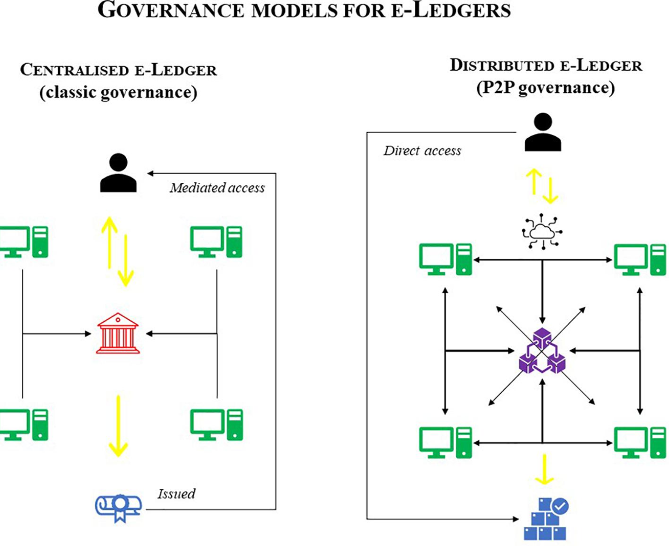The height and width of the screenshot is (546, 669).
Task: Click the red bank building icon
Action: pyautogui.click(x=118, y=333)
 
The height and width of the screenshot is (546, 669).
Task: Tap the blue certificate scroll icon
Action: pyautogui.click(x=118, y=508)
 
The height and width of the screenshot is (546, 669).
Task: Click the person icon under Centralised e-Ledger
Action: pyautogui.click(x=118, y=173)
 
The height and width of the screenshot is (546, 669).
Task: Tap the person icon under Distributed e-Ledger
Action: pyautogui.click(x=543, y=132)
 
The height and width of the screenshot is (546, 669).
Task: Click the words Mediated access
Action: pyautogui.click(x=217, y=188)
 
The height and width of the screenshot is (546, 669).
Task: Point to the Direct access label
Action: pyautogui.click(x=422, y=151)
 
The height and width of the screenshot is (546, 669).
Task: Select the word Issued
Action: pyautogui.click(x=176, y=494)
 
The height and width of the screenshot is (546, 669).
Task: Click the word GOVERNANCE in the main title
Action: pyautogui.click(x=171, y=10)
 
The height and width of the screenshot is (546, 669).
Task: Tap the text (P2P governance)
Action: pyautogui.click(x=546, y=88)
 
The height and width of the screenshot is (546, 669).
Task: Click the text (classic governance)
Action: pyautogui.click(x=118, y=92)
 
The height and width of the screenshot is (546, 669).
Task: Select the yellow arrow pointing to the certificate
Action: pyautogui.click(x=118, y=425)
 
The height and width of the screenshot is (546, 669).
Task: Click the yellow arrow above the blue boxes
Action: pyautogui.click(x=545, y=469)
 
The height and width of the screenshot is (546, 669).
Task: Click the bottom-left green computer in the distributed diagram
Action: pyautogui.click(x=445, y=442)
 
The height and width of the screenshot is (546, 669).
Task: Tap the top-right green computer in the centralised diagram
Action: pyautogui.click(x=216, y=242)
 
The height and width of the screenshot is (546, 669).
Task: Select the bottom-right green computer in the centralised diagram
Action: pyautogui.click(x=216, y=424)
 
